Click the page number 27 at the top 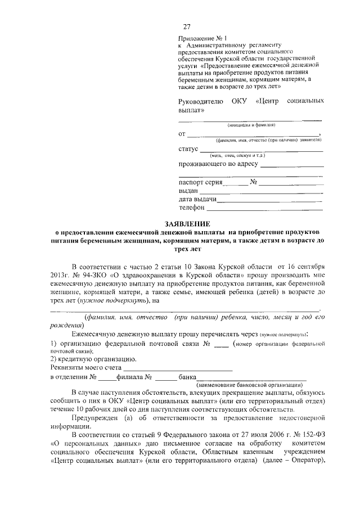click(x=187, y=26)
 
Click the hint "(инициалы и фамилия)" click(x=251, y=125)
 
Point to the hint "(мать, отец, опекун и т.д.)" click(x=237, y=155)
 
